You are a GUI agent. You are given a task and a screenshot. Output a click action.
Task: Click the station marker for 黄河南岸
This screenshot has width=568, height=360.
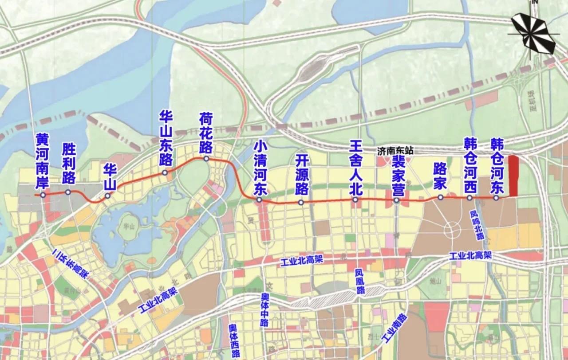[43, 195]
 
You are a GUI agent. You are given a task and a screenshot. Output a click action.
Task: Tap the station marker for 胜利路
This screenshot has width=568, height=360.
[68, 192]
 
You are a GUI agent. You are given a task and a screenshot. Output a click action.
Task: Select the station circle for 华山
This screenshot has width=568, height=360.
[107, 196]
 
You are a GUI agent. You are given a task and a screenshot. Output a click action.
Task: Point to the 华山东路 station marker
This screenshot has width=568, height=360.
[165, 173]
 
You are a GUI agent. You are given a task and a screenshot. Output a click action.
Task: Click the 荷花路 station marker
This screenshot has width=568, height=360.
[206, 158]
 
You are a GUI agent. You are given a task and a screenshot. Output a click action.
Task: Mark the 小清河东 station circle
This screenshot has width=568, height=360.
[259, 200]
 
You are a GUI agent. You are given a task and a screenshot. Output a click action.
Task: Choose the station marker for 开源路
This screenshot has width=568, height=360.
[301, 202]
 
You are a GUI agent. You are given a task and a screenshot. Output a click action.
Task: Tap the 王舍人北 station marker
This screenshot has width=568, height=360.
[355, 200]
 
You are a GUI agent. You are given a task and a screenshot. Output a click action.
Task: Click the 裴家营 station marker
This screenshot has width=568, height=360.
[397, 200]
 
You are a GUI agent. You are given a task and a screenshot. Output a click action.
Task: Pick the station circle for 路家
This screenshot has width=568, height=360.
[440, 198]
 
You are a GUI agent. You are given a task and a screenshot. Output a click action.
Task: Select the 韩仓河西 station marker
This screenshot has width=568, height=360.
[469, 198]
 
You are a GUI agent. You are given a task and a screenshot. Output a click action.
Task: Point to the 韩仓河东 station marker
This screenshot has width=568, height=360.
[496, 198]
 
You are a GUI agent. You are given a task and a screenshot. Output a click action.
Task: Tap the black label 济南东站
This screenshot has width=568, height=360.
[395, 151]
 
